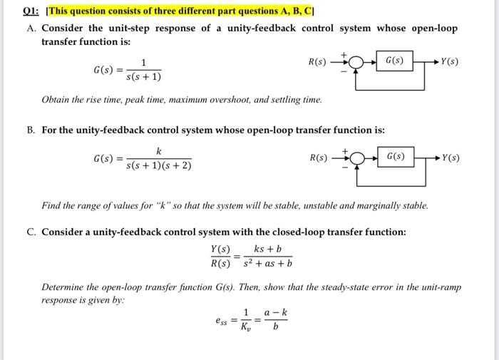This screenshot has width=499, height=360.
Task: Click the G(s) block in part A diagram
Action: coord(393,61)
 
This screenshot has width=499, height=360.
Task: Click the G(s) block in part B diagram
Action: coord(396,156)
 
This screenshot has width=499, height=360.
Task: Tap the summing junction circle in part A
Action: coord(357,62)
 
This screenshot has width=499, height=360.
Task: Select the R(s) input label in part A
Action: coord(318,62)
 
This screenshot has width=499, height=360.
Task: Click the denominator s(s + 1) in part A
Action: coord(144,77)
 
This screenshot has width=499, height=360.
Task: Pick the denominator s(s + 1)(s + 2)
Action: coord(159,167)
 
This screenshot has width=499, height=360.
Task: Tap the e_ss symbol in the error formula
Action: coord(222,322)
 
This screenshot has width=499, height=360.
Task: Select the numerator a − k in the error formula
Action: coord(275,313)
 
